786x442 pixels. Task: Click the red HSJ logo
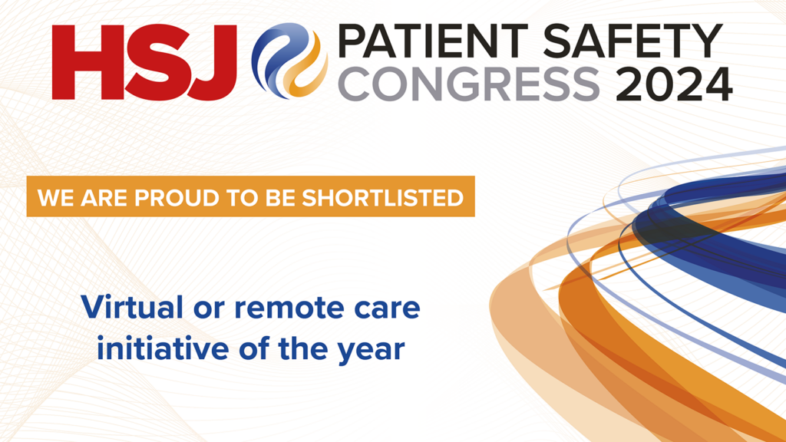coord(144,62)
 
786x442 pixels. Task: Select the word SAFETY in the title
coord(632,41)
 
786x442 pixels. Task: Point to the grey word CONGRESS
coord(469,84)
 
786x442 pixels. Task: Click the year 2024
coord(674,84)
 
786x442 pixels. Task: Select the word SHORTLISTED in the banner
coord(382,198)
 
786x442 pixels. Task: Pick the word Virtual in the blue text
coord(132,307)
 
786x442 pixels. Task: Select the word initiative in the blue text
coord(163,348)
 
